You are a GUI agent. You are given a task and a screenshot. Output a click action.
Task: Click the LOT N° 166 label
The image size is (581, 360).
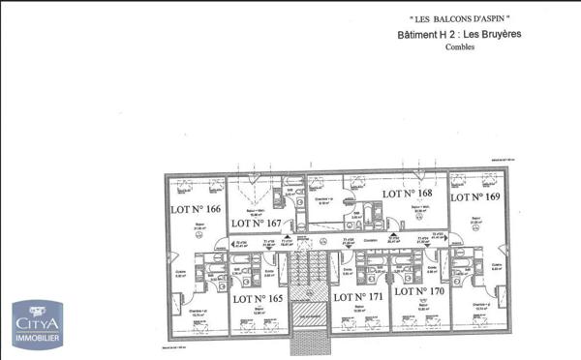pyautogui.click(x=196, y=209)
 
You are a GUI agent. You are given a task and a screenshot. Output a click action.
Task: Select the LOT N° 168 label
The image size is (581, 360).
pyautogui.click(x=407, y=194)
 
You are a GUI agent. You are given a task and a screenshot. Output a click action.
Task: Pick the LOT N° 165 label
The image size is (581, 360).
pyautogui.click(x=257, y=299)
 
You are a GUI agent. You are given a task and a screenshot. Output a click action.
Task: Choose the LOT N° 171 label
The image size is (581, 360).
pyautogui.click(x=358, y=295)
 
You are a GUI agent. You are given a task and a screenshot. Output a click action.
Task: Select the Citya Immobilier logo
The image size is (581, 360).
pyautogui.click(x=36, y=323)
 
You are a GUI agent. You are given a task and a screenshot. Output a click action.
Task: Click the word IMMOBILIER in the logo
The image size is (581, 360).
pyautogui.click(x=36, y=339)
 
